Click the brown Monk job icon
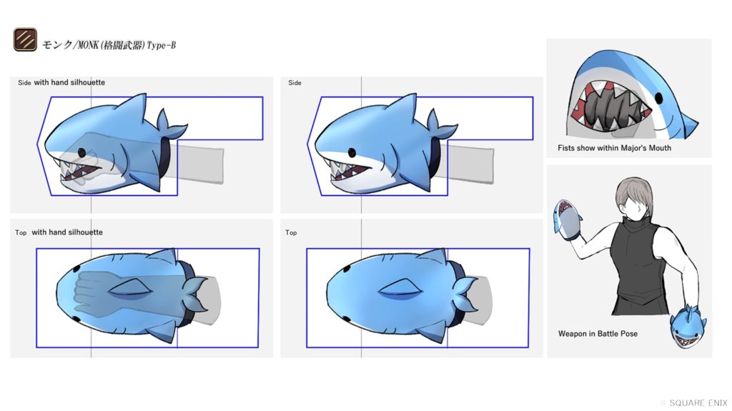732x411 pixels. pyautogui.click(x=25, y=39)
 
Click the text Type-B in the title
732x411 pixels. pyautogui.click(x=162, y=45)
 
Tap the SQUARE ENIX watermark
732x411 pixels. pyautogui.click(x=698, y=402)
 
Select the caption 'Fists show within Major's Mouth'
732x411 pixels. pyautogui.click(x=614, y=148)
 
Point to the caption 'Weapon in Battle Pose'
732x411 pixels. pyautogui.click(x=598, y=334)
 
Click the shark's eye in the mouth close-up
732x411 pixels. pyautogui.click(x=658, y=99)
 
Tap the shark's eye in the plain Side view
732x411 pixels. pyautogui.click(x=352, y=152)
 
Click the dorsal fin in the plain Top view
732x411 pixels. pyautogui.click(x=402, y=289)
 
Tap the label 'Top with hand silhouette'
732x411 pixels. pyautogui.click(x=59, y=232)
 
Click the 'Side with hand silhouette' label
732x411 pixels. pyautogui.click(x=61, y=82)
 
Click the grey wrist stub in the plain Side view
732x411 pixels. pyautogui.click(x=469, y=164)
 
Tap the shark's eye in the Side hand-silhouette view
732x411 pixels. pyautogui.click(x=81, y=152)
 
